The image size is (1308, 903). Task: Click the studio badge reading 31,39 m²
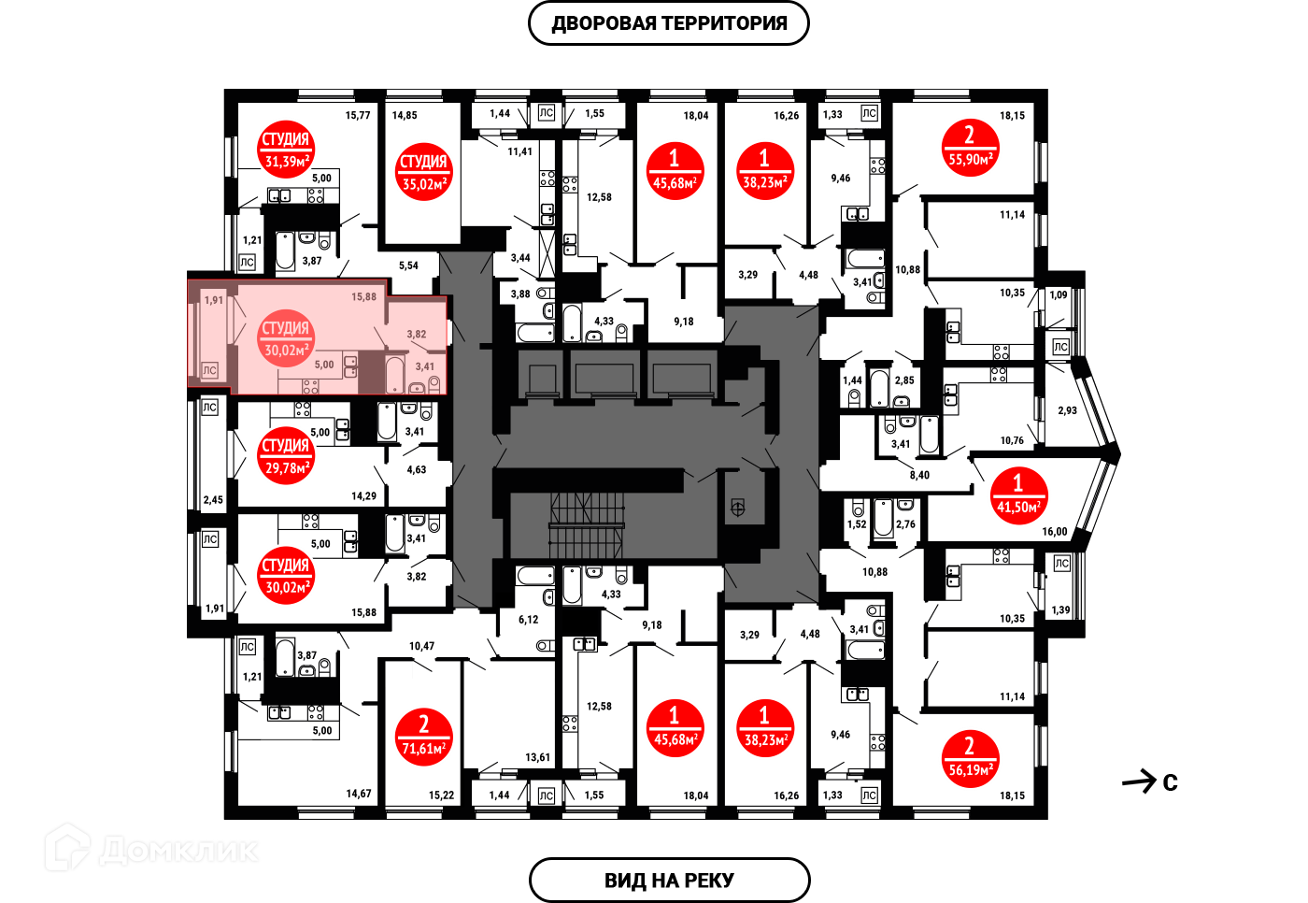(x=286, y=150)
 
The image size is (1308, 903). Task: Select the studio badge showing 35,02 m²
(x=423, y=172)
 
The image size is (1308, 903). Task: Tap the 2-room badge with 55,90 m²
(x=970, y=148)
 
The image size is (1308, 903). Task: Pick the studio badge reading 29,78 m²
(x=286, y=456)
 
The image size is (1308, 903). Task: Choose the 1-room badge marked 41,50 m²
(x=1018, y=495)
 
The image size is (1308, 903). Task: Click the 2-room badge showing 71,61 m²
(x=423, y=737)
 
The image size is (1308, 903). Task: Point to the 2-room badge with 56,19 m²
(x=970, y=758)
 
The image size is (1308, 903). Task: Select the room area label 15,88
(x=363, y=297)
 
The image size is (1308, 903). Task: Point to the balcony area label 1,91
(x=214, y=300)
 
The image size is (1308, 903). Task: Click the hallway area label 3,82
(x=416, y=334)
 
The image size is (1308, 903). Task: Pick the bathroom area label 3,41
(x=424, y=366)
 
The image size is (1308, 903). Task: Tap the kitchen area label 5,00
(x=324, y=365)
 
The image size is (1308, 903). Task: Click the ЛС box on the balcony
(x=209, y=370)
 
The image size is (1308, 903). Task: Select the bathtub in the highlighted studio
(x=394, y=375)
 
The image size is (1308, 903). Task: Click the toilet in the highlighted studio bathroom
(x=434, y=384)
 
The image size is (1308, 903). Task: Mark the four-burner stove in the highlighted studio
(x=311, y=386)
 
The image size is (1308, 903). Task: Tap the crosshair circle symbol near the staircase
(x=737, y=509)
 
